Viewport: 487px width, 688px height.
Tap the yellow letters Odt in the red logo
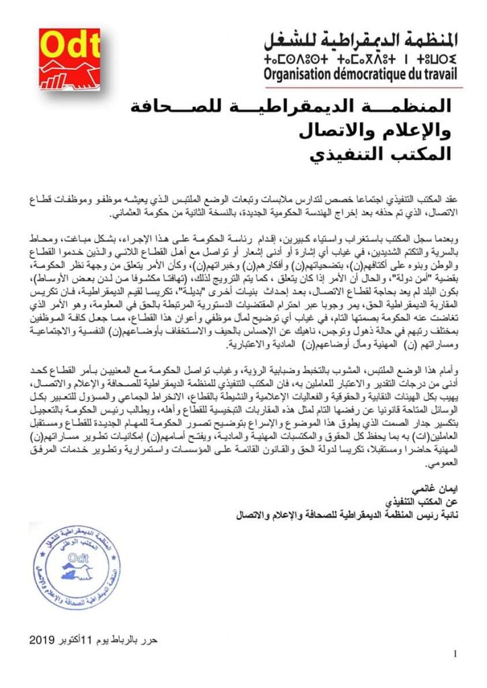(x=65, y=46)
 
